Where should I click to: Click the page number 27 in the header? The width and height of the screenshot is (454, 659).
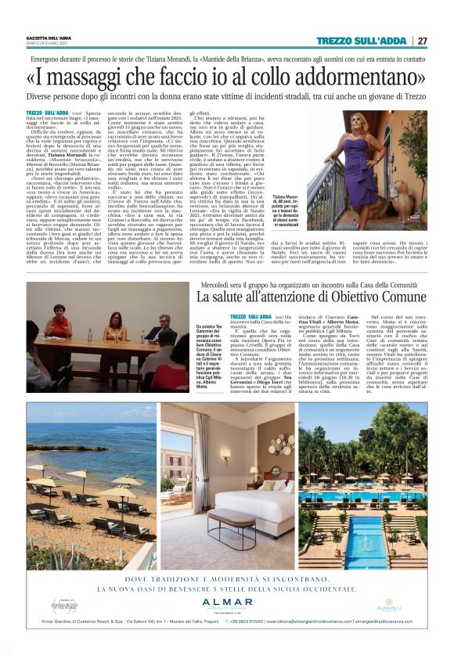click(x=423, y=41)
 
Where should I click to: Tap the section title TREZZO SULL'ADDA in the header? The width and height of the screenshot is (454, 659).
click(x=362, y=41)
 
